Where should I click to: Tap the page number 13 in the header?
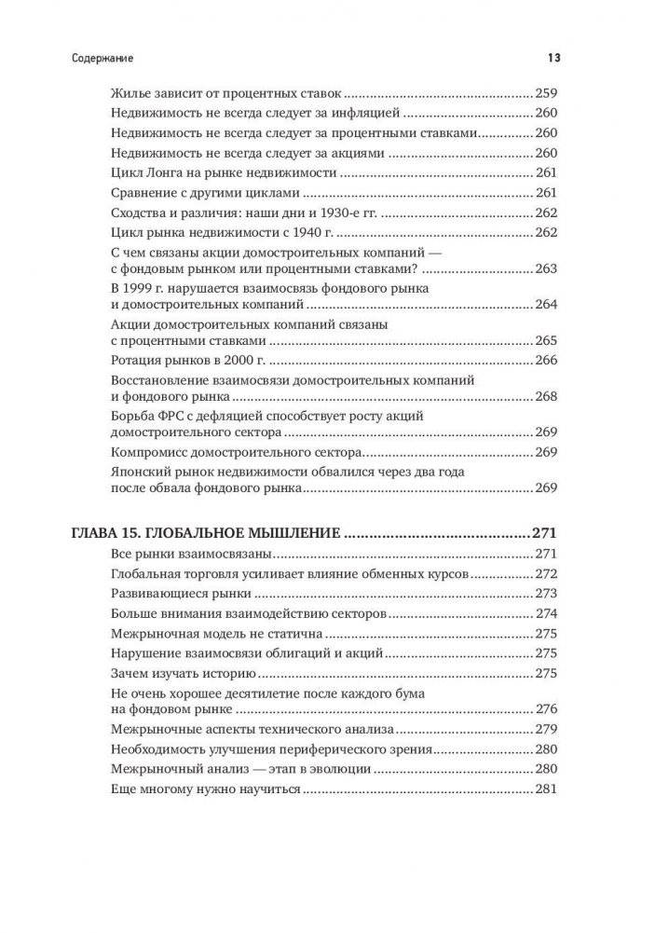click(552, 58)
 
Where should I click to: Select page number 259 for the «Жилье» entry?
click(545, 94)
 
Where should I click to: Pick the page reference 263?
click(545, 269)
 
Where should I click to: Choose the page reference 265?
click(545, 341)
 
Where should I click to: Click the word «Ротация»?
click(136, 361)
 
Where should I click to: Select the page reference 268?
click(545, 397)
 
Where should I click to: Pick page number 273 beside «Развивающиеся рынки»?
click(545, 594)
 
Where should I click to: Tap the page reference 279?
click(545, 729)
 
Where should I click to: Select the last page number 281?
click(545, 789)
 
